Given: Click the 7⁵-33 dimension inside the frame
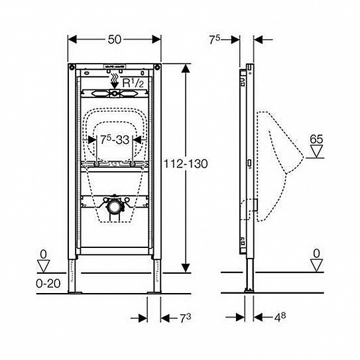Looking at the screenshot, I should coord(111,141).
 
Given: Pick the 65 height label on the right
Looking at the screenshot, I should coord(316,141).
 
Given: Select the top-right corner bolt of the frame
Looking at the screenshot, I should coord(158,68).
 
